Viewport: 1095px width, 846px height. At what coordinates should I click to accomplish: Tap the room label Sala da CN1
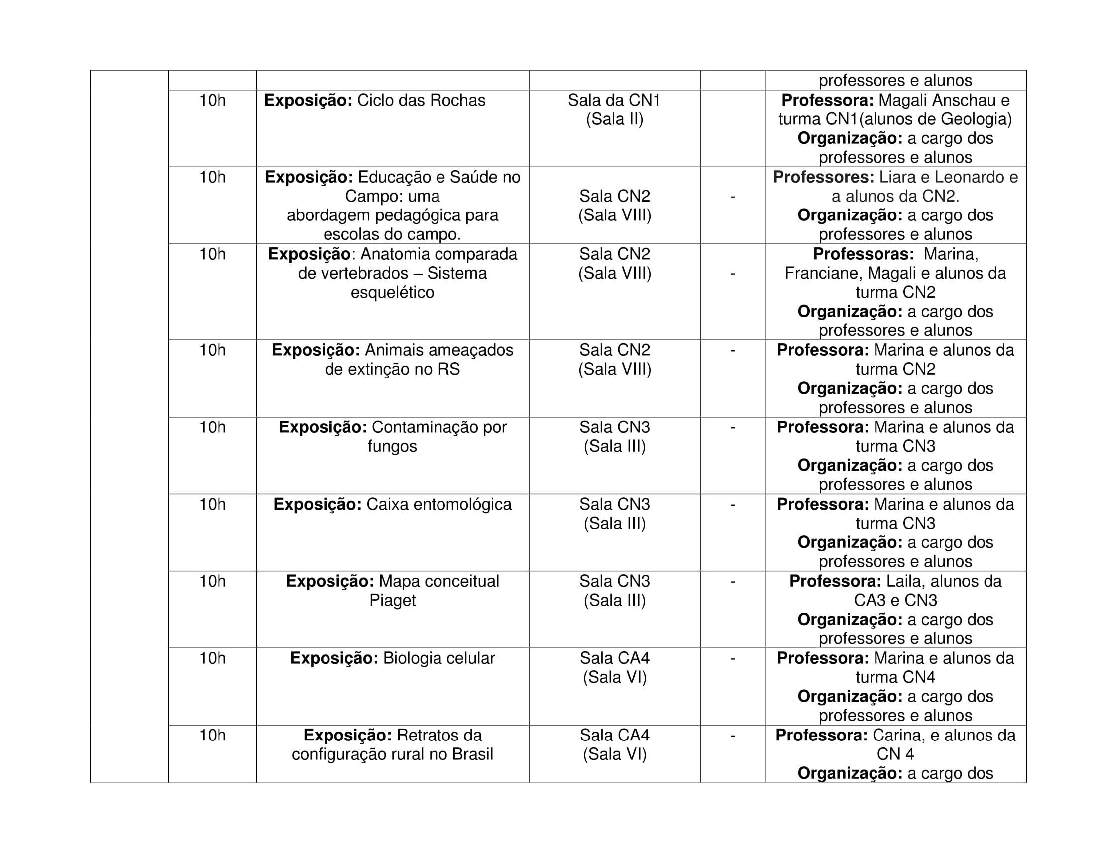(x=614, y=100)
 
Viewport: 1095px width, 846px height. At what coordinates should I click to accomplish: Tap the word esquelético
(x=392, y=292)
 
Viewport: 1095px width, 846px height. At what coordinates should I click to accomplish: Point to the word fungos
(x=392, y=446)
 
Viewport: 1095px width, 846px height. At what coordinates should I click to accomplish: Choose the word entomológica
(x=438, y=504)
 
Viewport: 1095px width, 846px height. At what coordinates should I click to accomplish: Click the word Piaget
(x=392, y=601)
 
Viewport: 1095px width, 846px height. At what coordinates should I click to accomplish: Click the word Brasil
(x=472, y=754)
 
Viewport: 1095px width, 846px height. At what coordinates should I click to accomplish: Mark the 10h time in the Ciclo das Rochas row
(x=212, y=100)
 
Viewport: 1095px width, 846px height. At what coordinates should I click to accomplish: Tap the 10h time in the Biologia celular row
(x=212, y=658)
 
